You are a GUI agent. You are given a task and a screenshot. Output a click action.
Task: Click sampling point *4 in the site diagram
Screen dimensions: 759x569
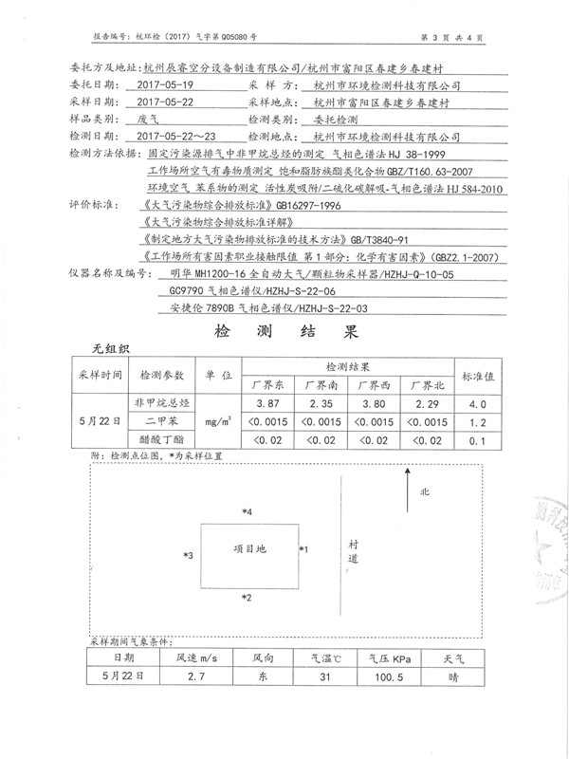[248, 512]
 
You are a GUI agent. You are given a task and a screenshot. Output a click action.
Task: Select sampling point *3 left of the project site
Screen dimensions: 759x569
[189, 555]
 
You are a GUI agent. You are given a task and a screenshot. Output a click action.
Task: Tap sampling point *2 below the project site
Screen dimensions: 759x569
[248, 598]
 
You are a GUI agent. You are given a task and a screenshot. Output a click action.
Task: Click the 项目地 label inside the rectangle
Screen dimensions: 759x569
[249, 549]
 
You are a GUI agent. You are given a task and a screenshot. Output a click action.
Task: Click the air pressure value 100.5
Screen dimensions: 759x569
[379, 676]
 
